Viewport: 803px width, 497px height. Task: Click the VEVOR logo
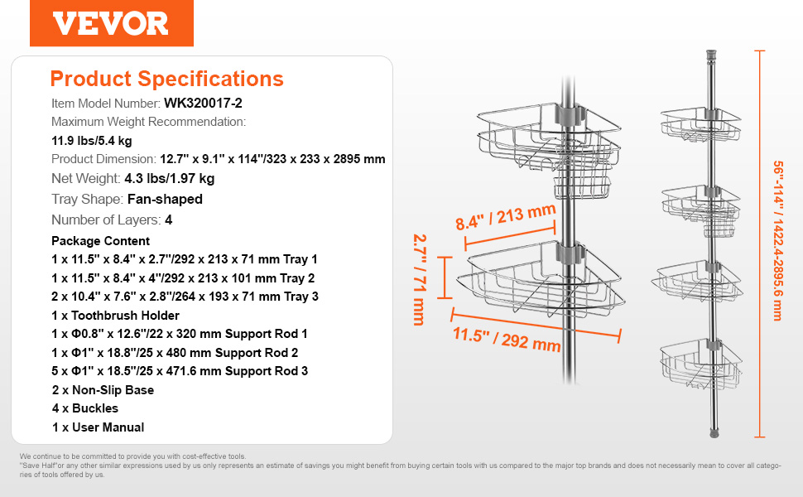(x=111, y=23)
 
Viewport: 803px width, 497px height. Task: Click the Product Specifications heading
(x=167, y=79)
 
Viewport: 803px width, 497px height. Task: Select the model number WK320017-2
(x=203, y=103)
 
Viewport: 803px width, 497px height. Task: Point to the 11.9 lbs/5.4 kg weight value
(x=92, y=140)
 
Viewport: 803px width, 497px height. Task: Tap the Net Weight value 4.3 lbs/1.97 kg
(x=170, y=178)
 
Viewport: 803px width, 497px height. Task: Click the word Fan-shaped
(x=165, y=200)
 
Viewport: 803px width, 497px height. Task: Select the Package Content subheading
(x=100, y=241)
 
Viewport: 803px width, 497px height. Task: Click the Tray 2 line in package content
(x=183, y=278)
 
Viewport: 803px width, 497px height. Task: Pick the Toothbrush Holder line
(x=115, y=316)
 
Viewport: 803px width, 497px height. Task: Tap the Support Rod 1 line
(x=180, y=334)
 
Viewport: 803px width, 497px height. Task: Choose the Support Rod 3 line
(x=180, y=371)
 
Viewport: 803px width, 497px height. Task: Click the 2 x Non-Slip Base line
(x=103, y=390)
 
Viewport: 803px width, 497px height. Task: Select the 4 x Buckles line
(x=85, y=408)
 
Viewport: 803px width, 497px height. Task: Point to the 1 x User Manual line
(x=98, y=427)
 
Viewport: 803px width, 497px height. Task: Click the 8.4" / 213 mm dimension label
(x=506, y=217)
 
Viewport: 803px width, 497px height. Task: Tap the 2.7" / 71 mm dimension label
(x=420, y=280)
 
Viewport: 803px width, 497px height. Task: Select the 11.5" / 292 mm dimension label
(x=507, y=339)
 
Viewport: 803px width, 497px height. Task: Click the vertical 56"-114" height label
(x=778, y=241)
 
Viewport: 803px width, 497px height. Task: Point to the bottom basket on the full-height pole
(x=700, y=365)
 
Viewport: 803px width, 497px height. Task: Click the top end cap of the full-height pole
(x=711, y=55)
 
